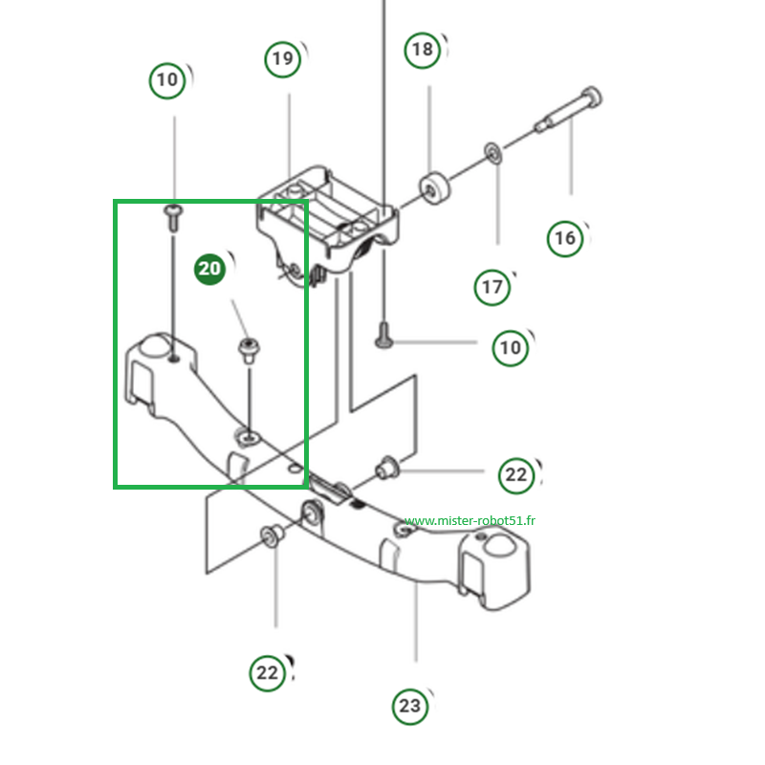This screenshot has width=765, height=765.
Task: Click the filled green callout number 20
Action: pyautogui.click(x=209, y=269)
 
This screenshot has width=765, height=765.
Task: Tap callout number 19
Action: pyautogui.click(x=282, y=59)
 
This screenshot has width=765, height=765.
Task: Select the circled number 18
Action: pyautogui.click(x=423, y=50)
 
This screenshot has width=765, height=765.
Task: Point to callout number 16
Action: pyautogui.click(x=565, y=238)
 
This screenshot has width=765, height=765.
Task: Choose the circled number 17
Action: pyautogui.click(x=492, y=288)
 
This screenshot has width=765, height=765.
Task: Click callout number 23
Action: pyautogui.click(x=410, y=706)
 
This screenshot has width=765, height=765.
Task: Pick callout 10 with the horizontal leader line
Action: pyautogui.click(x=511, y=348)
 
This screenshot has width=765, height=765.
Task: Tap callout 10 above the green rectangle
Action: pyautogui.click(x=166, y=80)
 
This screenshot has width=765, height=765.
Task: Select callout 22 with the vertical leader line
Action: pyautogui.click(x=268, y=673)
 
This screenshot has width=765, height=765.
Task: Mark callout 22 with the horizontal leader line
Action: pyautogui.click(x=516, y=475)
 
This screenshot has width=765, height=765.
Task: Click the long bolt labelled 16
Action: pyautogui.click(x=568, y=110)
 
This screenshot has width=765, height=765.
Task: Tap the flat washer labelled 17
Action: pyautogui.click(x=493, y=153)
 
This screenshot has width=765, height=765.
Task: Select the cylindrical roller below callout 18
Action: pyautogui.click(x=434, y=188)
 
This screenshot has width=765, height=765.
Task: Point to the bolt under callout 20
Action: pyautogui.click(x=249, y=350)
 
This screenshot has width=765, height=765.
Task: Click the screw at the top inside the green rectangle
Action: pyautogui.click(x=173, y=218)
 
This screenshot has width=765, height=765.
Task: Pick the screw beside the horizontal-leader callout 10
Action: pyautogui.click(x=384, y=336)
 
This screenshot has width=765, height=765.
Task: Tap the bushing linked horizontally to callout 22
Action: pyautogui.click(x=387, y=468)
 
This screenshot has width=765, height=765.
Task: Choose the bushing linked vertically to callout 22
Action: pyautogui.click(x=273, y=535)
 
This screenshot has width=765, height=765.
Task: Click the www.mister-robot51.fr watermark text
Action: pyautogui.click(x=470, y=520)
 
